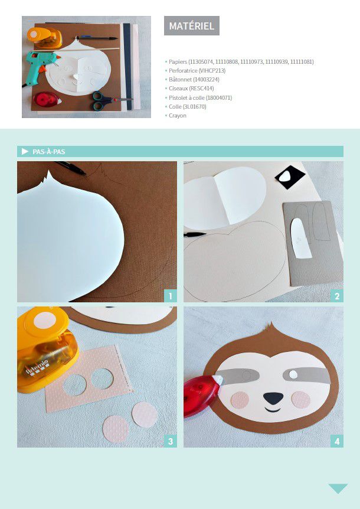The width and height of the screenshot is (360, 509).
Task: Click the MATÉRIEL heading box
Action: [x=192, y=25]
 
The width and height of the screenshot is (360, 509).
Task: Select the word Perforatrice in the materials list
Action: [x=183, y=70]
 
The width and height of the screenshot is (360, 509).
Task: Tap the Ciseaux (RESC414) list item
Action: [x=191, y=89]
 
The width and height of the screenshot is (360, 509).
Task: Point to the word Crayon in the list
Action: [x=178, y=116]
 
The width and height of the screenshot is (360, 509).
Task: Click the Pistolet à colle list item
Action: [x=201, y=97]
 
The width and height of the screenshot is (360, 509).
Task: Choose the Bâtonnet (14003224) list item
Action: [x=194, y=80]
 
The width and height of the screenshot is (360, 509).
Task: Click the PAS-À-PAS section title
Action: [x=48, y=152]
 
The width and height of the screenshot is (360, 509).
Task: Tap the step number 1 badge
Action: [x=171, y=296]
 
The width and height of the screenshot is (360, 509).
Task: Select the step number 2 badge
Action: [x=337, y=296]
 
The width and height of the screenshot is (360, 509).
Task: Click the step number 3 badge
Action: [x=171, y=441]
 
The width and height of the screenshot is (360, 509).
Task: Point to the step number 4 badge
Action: [x=337, y=441]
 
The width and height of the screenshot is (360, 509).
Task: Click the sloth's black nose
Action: [x=273, y=398]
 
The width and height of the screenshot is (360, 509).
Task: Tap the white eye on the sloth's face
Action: [x=293, y=374]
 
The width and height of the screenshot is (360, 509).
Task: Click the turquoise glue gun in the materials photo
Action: [x=41, y=65]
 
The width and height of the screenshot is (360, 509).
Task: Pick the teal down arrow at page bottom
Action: [x=338, y=488]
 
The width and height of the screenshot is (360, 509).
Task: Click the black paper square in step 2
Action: [x=290, y=177]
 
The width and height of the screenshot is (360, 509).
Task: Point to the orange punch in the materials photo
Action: [x=44, y=38]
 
